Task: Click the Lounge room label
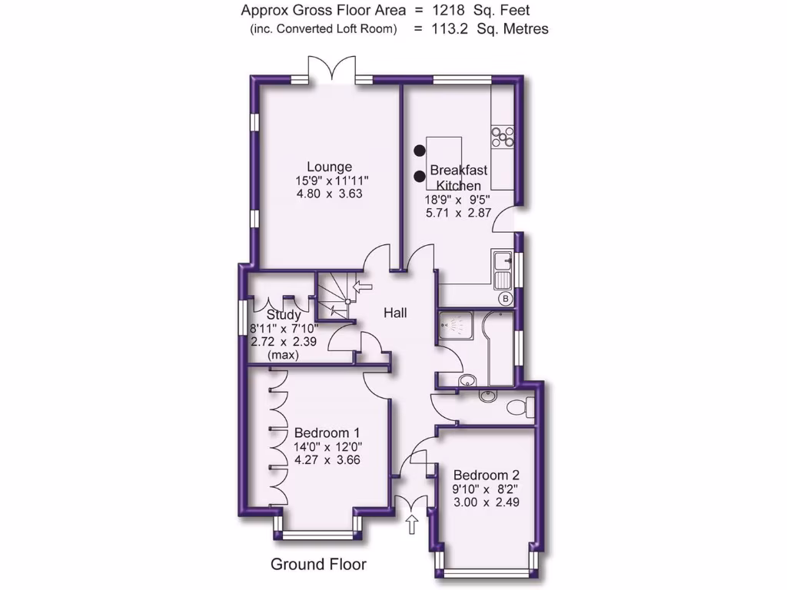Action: point(329,167)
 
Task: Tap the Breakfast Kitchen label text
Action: point(458,177)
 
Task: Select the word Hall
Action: point(396,313)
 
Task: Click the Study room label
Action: point(283,315)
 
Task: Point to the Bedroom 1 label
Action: point(327,433)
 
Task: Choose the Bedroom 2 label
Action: point(486,475)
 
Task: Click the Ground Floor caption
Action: point(318,565)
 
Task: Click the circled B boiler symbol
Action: point(506,298)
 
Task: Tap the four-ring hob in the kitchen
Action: point(503,137)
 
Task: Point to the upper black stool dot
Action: point(420,151)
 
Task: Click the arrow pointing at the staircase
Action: point(361,287)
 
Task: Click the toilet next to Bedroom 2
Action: point(522,404)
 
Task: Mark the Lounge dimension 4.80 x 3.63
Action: point(329,194)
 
